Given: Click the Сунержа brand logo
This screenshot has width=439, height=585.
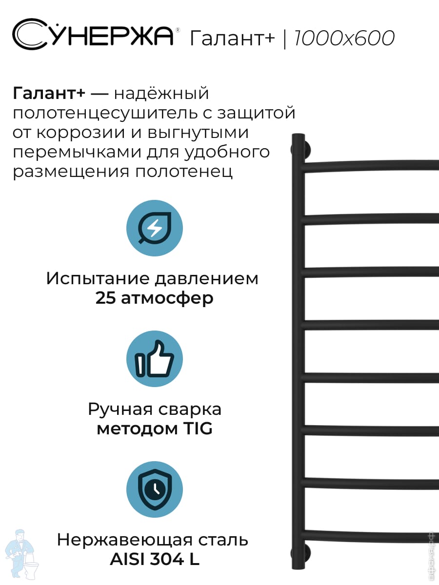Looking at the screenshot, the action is pyautogui.click(x=93, y=34).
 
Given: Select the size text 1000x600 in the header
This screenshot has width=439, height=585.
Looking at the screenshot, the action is pyautogui.click(x=344, y=39).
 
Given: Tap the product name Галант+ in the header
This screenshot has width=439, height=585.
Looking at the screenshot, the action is pyautogui.click(x=232, y=38).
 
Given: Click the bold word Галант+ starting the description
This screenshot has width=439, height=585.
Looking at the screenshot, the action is pyautogui.click(x=49, y=94).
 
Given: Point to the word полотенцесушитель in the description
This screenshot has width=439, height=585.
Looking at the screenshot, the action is pyautogui.click(x=105, y=113).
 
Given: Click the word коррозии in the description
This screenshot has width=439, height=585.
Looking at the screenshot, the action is pyautogui.click(x=80, y=133).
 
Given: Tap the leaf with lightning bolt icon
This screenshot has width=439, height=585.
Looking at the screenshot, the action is pyautogui.click(x=155, y=228).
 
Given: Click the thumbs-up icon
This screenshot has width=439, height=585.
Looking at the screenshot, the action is pyautogui.click(x=155, y=359).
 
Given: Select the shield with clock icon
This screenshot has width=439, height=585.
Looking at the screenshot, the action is pyautogui.click(x=155, y=489).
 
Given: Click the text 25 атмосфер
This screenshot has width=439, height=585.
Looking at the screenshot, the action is pyautogui.click(x=155, y=298).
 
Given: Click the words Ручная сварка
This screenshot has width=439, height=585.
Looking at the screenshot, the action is pyautogui.click(x=155, y=409).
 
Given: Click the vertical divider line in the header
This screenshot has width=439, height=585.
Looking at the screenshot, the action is pyautogui.click(x=285, y=39).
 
